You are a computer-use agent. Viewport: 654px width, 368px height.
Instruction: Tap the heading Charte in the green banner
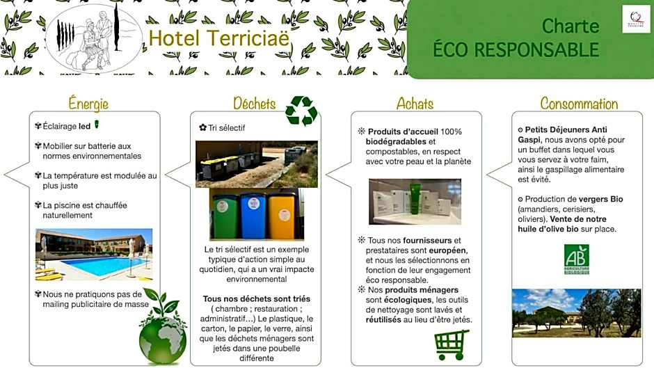click(570, 26)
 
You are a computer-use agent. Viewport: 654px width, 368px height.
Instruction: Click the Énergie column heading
click(88, 104)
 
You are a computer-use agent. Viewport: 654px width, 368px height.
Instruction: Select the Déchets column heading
click(254, 104)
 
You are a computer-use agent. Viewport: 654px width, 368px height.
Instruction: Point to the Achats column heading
click(415, 104)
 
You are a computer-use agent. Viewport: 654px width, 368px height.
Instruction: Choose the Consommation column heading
click(579, 104)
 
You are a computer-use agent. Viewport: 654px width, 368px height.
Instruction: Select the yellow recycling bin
click(282, 216)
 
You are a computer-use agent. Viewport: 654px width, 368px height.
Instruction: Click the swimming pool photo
click(94, 254)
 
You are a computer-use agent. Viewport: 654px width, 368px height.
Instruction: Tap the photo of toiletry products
click(415, 201)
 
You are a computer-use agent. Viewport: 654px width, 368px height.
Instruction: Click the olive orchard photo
click(576, 313)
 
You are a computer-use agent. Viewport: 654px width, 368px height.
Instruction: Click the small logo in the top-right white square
click(636, 19)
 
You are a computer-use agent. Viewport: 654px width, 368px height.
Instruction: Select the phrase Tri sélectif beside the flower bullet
click(227, 128)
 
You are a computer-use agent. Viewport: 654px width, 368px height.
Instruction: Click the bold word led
click(85, 127)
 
